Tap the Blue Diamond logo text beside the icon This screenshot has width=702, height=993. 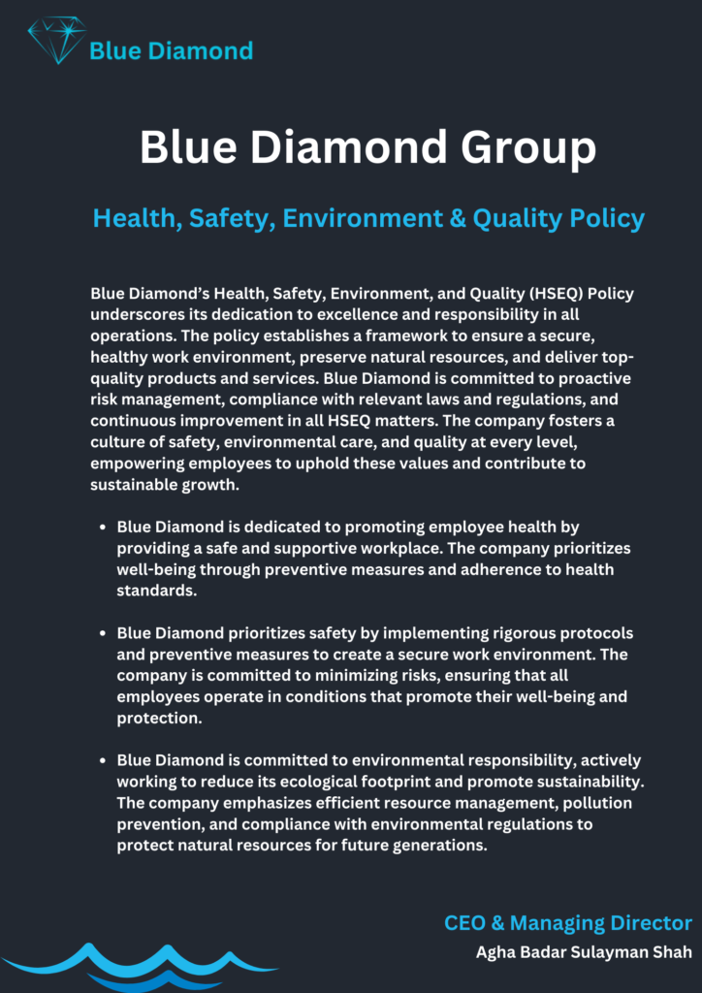click(171, 50)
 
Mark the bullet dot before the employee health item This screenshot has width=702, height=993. click(103, 528)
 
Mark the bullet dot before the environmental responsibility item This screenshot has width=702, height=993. click(103, 760)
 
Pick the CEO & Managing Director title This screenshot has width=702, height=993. click(568, 923)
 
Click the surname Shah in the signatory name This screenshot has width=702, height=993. click(672, 952)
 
